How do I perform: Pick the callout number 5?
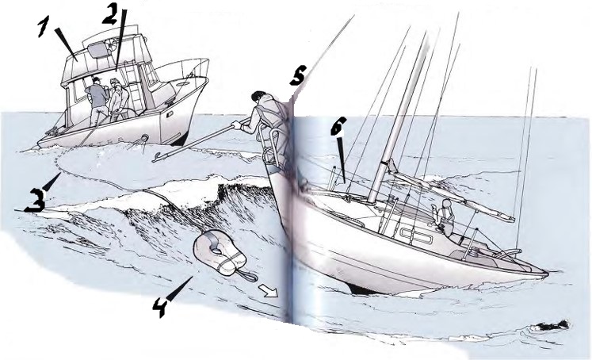click(297, 75)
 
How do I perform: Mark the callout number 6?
click(337, 126)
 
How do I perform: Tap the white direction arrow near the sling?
click(268, 291)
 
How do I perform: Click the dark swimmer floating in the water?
click(551, 326)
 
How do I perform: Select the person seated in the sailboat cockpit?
click(445, 218)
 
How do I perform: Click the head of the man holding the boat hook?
click(259, 98)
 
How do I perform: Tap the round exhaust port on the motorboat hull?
click(144, 140)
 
